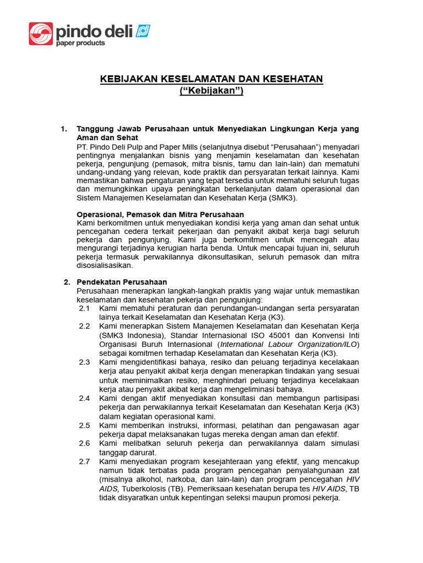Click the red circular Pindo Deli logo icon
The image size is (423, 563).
click(41, 34)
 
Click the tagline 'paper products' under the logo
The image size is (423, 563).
click(80, 43)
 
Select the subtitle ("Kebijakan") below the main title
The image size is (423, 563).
click(211, 91)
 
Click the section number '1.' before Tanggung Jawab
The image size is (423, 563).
click(64, 129)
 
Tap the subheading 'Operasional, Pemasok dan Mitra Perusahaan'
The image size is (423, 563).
click(160, 214)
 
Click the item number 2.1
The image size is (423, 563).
click(84, 309)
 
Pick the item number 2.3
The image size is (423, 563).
click(84, 362)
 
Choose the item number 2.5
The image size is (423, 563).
click(84, 426)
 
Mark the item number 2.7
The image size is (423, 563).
click(84, 461)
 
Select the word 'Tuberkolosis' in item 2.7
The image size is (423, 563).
click(144, 488)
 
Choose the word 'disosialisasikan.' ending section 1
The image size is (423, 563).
click(105, 266)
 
